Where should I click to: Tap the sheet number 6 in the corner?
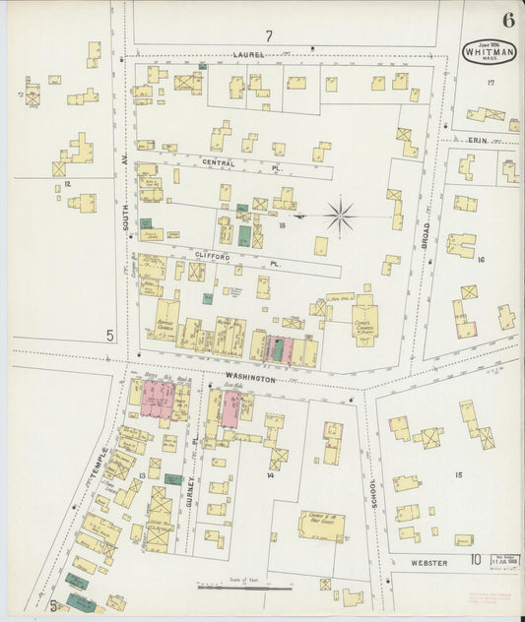point(507,20)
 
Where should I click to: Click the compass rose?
point(341,217)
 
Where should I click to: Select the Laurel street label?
point(248,54)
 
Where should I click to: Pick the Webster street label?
point(429,563)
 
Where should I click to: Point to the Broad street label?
point(426,234)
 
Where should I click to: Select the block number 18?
point(282,225)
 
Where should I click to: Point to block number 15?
point(457,474)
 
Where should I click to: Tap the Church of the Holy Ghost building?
point(321,525)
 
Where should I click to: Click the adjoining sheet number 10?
point(475,561)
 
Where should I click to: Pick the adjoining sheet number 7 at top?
point(267,35)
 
